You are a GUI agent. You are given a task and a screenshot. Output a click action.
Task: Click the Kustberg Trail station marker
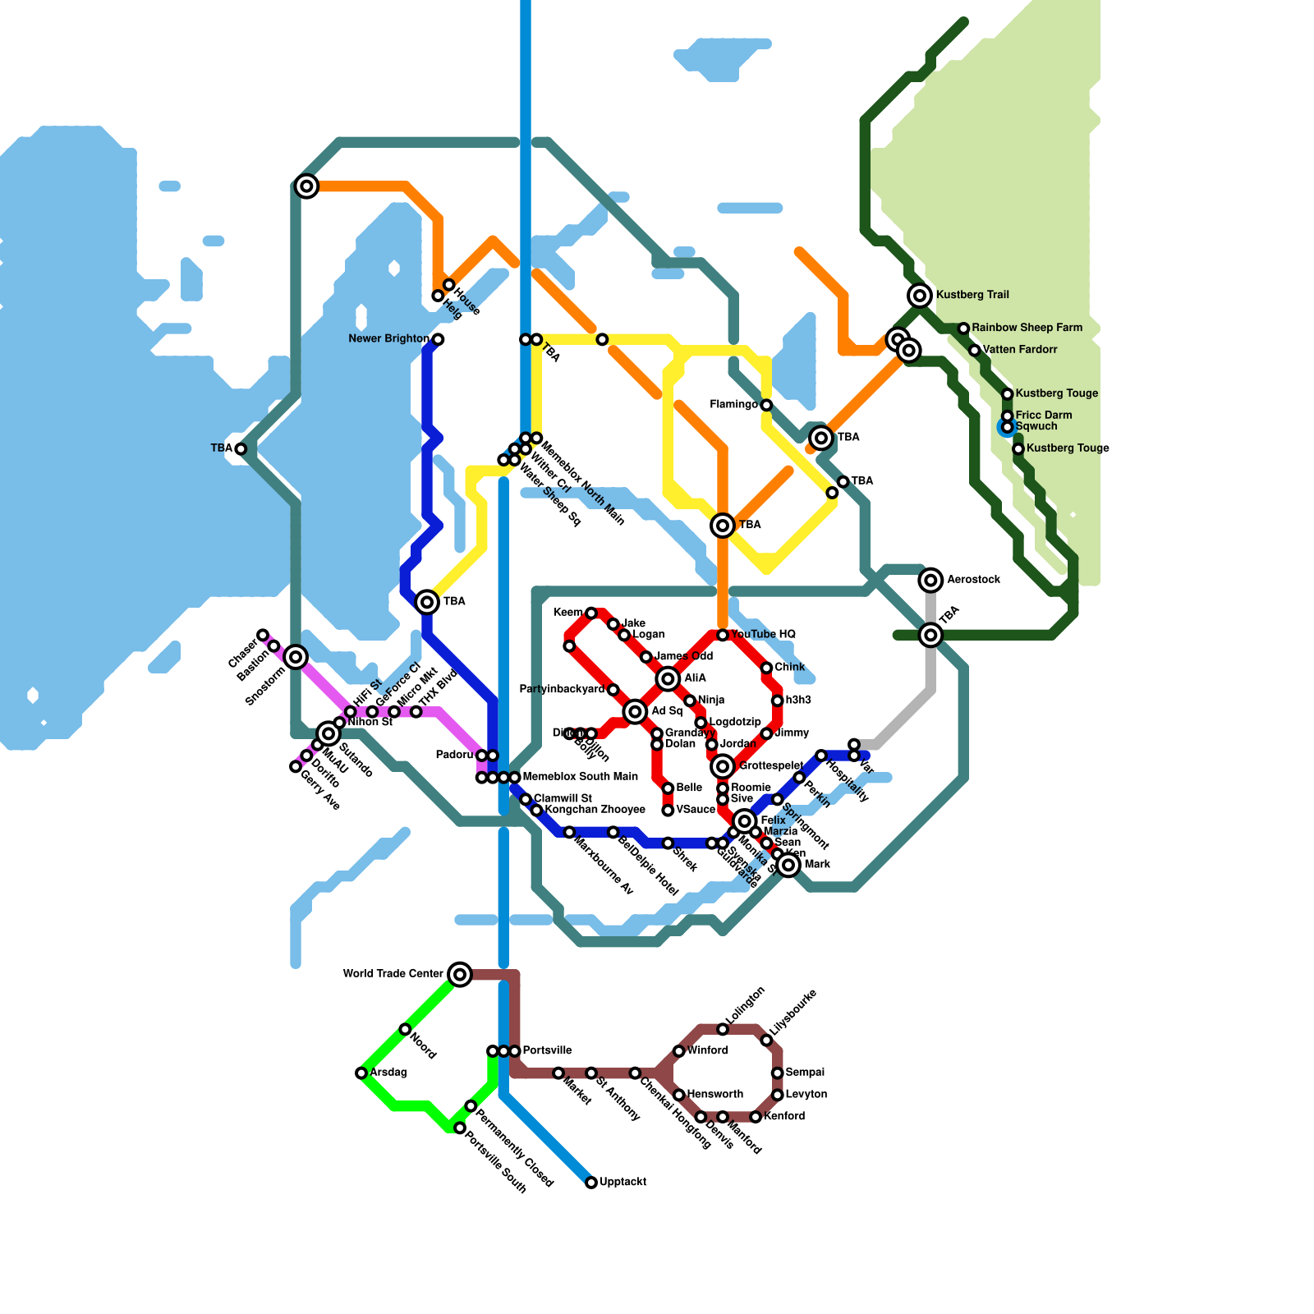click(x=920, y=296)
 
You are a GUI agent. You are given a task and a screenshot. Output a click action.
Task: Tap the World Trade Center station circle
click(x=460, y=975)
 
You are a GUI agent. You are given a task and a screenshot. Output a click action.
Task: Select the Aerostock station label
click(x=973, y=580)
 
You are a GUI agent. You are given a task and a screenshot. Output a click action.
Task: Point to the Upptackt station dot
click(x=591, y=1183)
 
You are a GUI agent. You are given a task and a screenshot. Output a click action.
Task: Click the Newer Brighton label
click(x=388, y=339)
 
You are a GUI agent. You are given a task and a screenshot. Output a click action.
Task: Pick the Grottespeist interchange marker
click(x=723, y=766)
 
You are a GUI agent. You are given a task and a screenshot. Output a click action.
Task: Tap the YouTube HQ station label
click(x=763, y=635)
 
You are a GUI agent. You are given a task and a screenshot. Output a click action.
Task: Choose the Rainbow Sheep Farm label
click(x=1027, y=328)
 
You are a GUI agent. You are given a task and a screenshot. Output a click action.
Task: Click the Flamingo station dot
click(x=766, y=405)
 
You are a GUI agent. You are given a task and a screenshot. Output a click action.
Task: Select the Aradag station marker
click(x=361, y=1073)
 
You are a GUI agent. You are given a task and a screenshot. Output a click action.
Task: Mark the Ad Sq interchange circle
click(x=635, y=712)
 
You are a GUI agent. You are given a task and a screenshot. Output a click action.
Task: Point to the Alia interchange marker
click(x=668, y=678)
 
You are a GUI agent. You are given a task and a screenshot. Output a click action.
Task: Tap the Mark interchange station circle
click(x=788, y=865)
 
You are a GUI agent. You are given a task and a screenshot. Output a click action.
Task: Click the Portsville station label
click(x=547, y=1051)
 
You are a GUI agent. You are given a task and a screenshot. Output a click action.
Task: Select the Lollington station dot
click(x=723, y=1029)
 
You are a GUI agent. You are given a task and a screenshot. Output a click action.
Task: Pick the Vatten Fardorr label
click(x=1020, y=350)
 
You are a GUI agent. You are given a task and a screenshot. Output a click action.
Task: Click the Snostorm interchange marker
click(x=296, y=657)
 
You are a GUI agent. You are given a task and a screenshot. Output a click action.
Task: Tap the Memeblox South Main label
click(x=580, y=777)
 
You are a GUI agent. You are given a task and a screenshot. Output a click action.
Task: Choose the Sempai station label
click(x=805, y=1073)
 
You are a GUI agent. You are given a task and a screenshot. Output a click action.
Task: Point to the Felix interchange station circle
click(x=745, y=821)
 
